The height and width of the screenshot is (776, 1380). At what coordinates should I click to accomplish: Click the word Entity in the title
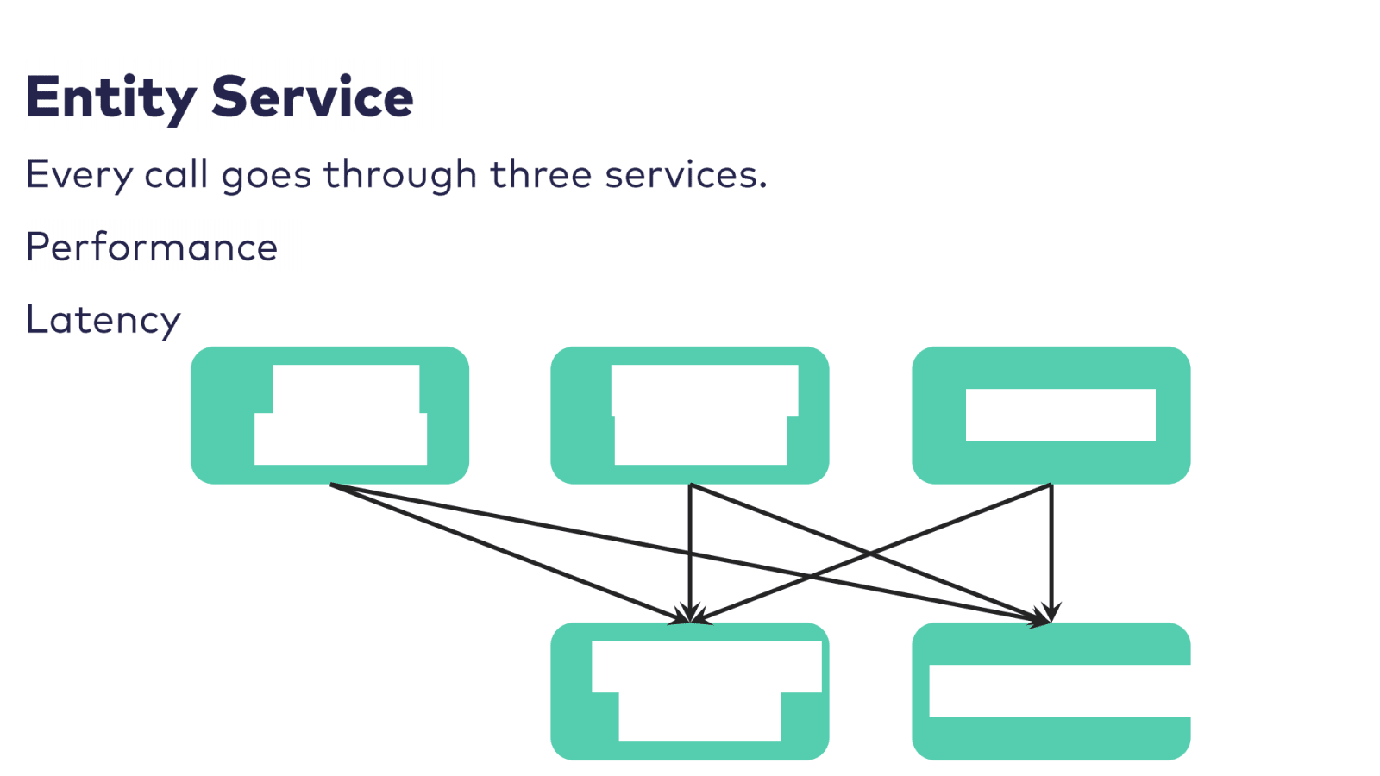coord(110,97)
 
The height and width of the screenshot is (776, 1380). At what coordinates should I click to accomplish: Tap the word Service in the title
coord(312,97)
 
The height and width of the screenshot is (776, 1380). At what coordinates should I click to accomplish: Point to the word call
coord(176,175)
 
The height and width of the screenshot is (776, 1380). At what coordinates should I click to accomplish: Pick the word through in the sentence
coord(399,175)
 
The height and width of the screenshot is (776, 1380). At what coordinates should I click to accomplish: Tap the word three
coord(541,175)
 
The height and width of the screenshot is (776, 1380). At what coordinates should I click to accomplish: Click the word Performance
coord(152,247)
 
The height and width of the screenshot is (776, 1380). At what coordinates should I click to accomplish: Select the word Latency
coord(103,320)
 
